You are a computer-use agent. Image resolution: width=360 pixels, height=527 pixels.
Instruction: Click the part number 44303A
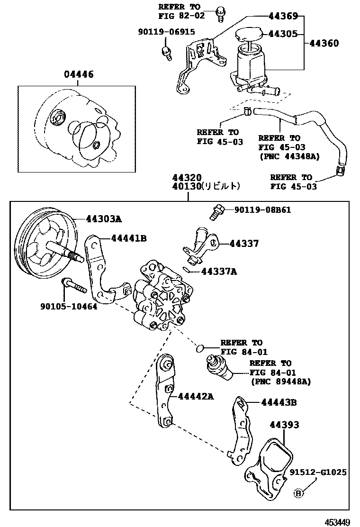tap(104, 219)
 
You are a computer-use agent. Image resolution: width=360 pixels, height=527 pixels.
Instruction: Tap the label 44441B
tap(129, 238)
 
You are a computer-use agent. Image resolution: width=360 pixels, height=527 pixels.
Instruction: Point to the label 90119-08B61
tap(262, 209)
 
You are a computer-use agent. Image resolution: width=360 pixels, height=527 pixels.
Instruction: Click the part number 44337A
tap(219, 271)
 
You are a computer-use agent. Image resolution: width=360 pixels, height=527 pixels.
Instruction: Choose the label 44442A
tap(196, 396)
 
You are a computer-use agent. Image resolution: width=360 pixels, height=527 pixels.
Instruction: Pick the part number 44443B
tap(279, 402)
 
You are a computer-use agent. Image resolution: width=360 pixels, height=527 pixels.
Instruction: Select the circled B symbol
tap(298, 493)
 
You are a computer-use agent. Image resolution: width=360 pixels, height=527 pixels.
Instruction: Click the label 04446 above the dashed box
tap(79, 74)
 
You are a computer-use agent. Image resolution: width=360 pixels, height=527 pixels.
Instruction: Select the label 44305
tap(283, 34)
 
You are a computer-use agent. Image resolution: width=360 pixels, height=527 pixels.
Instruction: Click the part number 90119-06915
tap(166, 32)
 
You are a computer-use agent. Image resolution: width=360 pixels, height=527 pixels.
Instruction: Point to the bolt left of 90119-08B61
tap(216, 212)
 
